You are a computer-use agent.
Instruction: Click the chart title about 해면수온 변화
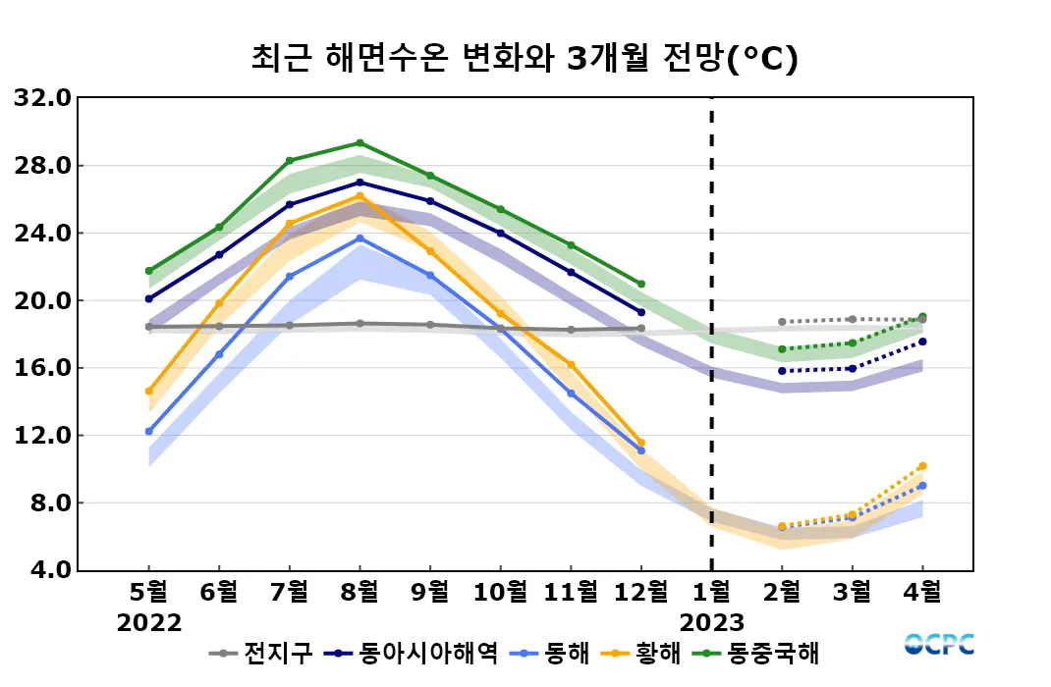(525, 58)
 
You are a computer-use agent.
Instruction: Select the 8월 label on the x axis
(360, 592)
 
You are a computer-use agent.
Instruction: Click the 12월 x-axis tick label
(640, 592)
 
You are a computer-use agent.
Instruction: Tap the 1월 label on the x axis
(711, 592)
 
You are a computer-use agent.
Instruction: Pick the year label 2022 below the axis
(149, 623)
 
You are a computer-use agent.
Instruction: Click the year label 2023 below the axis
(711, 623)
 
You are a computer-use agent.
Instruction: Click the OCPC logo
(939, 645)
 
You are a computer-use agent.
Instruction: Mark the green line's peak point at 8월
(360, 143)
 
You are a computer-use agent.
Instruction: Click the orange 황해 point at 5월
(149, 391)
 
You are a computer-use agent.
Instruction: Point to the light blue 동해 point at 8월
(360, 238)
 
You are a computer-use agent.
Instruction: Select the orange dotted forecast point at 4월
(922, 466)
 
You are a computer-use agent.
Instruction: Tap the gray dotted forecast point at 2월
(782, 322)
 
